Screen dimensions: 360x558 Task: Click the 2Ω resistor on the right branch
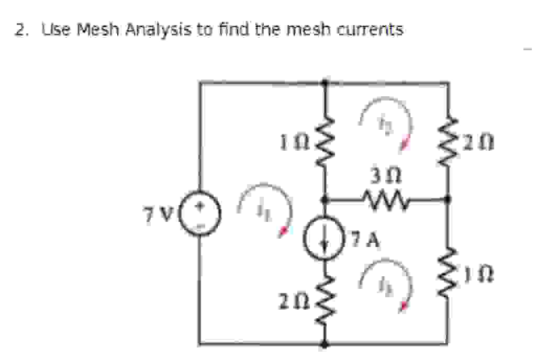(447, 141)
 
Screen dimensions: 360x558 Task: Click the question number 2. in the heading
(21, 30)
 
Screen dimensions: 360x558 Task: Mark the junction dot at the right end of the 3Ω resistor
(447, 199)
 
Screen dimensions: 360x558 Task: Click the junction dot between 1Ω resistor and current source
(325, 199)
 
